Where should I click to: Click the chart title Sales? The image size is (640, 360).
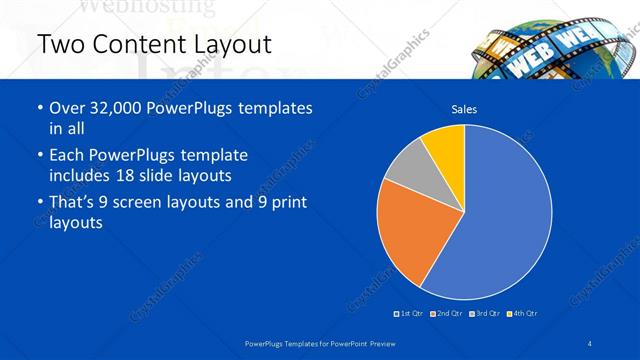pos(464,108)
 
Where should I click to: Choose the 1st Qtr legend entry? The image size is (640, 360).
pos(409,314)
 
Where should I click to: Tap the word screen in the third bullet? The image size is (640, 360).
pos(149,203)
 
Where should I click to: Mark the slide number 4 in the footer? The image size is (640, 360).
pos(591,344)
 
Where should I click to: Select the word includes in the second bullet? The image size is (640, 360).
pos(81,175)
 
